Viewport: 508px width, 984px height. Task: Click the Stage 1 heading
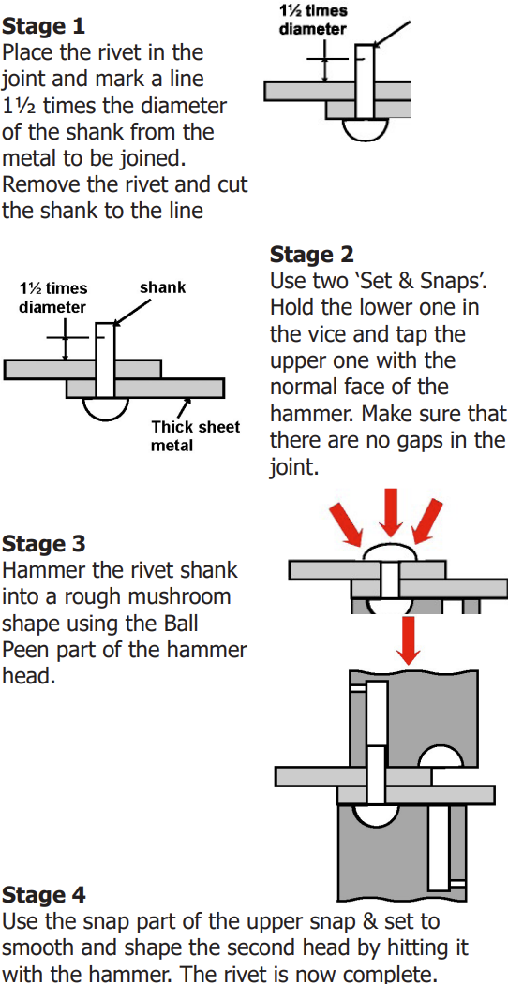(44, 27)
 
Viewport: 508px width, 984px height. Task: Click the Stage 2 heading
(312, 254)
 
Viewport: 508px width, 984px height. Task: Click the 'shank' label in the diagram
(163, 288)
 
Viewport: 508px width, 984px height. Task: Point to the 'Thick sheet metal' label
(195, 436)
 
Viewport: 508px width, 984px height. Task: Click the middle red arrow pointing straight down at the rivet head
(391, 512)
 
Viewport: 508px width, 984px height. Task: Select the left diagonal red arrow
(347, 525)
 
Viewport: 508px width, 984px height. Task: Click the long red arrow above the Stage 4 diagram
(409, 640)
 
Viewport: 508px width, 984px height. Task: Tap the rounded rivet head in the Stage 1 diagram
(365, 128)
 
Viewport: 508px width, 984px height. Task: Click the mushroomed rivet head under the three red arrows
(390, 551)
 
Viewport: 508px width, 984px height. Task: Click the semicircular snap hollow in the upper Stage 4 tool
(441, 756)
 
